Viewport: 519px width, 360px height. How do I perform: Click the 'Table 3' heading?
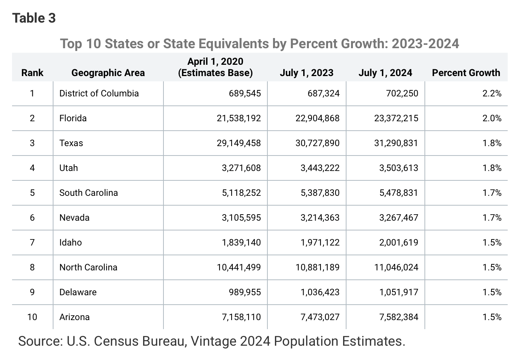click(x=34, y=18)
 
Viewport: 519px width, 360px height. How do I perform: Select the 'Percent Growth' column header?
click(x=466, y=73)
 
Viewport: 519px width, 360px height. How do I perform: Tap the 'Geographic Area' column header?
click(x=108, y=73)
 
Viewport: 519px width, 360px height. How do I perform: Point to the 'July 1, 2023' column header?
click(x=306, y=73)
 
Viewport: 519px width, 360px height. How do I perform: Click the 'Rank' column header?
click(x=32, y=73)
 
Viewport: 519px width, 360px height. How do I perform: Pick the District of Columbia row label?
click(x=99, y=93)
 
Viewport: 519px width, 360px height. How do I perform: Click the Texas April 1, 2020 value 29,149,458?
click(x=239, y=143)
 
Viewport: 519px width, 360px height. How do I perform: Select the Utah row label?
click(x=69, y=168)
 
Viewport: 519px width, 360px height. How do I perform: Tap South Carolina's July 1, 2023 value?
click(x=320, y=193)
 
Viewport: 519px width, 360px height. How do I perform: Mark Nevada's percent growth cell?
click(x=492, y=218)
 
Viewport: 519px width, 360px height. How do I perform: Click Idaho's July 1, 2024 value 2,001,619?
click(x=398, y=243)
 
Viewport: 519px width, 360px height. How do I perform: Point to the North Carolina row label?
click(x=88, y=267)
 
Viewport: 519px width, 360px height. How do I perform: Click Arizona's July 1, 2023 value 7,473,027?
click(x=320, y=317)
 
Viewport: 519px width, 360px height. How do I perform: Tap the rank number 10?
click(x=32, y=317)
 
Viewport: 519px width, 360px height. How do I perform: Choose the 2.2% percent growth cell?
click(x=492, y=93)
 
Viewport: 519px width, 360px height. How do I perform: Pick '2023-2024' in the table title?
click(x=425, y=44)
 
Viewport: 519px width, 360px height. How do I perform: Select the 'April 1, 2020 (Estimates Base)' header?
click(x=215, y=67)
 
